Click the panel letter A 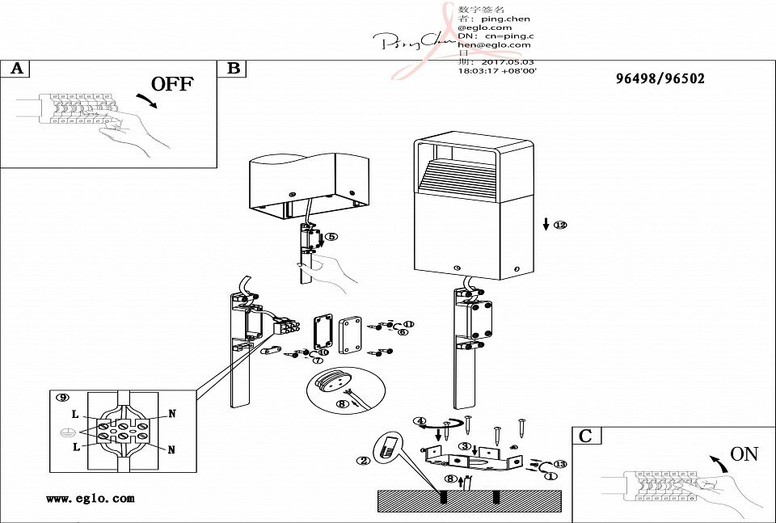pyautogui.click(x=17, y=69)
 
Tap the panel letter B pyautogui.click(x=234, y=69)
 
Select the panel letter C pyautogui.click(x=585, y=437)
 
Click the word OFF pyautogui.click(x=172, y=83)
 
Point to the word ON pyautogui.click(x=744, y=454)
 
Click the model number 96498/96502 pyautogui.click(x=660, y=78)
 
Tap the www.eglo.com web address pyautogui.click(x=90, y=499)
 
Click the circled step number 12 pyautogui.click(x=560, y=225)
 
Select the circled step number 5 pyautogui.click(x=331, y=237)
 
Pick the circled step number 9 pyautogui.click(x=62, y=397)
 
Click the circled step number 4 pyautogui.click(x=420, y=422)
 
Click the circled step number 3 pyautogui.click(x=465, y=445)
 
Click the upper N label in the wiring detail pyautogui.click(x=171, y=413)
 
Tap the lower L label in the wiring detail pyautogui.click(x=75, y=446)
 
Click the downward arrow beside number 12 pyautogui.click(x=546, y=224)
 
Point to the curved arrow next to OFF pyautogui.click(x=147, y=100)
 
